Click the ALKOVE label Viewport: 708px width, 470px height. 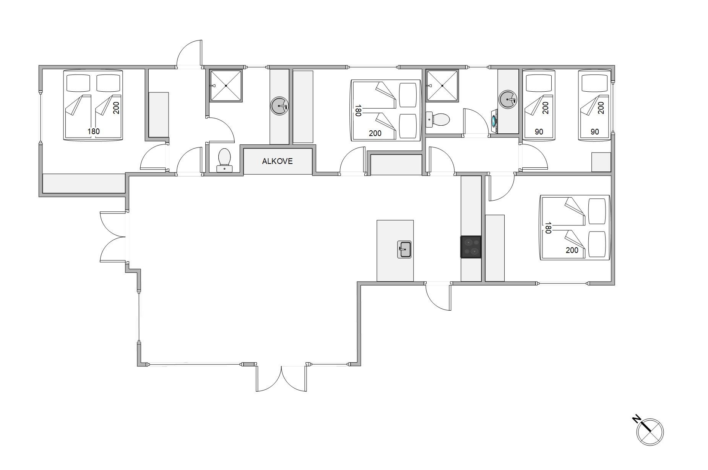click(x=277, y=161)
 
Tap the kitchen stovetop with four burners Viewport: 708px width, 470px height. click(x=471, y=247)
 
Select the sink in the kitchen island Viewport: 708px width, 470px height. click(x=404, y=250)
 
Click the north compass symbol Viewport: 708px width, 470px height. click(x=650, y=432)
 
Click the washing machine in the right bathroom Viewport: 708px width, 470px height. click(x=494, y=122)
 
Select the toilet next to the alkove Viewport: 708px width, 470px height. click(x=224, y=160)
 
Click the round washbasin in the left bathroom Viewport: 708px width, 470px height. click(x=279, y=106)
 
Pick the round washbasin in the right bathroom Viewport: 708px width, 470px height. click(x=508, y=100)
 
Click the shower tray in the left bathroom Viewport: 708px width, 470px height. click(x=226, y=86)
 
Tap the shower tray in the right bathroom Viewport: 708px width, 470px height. click(x=442, y=86)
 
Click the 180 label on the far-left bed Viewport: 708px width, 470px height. click(x=93, y=131)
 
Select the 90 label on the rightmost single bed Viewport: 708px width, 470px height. click(x=594, y=132)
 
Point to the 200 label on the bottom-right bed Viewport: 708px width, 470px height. click(x=572, y=250)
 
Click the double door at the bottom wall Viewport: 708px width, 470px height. click(x=281, y=378)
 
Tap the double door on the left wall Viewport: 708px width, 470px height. click(x=114, y=237)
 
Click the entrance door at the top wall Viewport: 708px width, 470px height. click(x=189, y=53)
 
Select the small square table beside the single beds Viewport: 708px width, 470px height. click(x=601, y=162)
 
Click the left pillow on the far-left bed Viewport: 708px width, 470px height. click(x=78, y=83)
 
